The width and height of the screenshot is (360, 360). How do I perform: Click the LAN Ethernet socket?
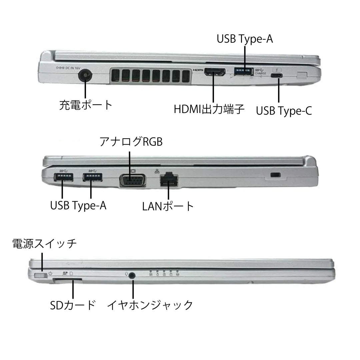[169, 180]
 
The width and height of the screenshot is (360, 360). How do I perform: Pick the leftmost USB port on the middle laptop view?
[63, 177]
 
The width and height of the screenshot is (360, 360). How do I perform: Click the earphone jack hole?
[132, 276]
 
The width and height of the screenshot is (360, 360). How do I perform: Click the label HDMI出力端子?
[209, 109]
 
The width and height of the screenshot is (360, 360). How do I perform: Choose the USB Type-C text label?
[284, 111]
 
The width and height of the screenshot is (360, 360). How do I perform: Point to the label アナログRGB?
[131, 142]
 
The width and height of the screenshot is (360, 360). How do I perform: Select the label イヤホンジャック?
[150, 305]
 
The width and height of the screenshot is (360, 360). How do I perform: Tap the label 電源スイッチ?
[45, 244]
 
